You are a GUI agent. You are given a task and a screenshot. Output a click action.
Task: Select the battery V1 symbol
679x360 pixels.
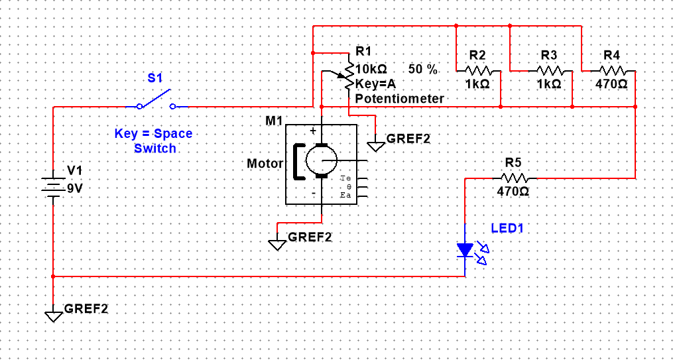52,184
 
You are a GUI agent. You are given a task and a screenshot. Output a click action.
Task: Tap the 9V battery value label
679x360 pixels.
75,188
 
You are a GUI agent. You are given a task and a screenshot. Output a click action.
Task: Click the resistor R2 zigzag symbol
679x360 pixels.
477,70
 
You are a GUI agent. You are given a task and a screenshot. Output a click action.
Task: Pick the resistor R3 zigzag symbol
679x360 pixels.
549,70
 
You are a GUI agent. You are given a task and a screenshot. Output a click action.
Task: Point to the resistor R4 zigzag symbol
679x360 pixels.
613,70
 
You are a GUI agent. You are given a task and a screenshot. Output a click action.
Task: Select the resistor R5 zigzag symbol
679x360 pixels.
515,178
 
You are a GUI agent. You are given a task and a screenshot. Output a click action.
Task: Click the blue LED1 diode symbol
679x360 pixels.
465,249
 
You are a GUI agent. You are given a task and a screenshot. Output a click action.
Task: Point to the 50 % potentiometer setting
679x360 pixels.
423,69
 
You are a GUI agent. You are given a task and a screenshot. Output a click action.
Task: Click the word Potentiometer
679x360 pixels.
400,98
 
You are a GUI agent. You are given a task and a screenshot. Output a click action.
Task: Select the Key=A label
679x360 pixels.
375,84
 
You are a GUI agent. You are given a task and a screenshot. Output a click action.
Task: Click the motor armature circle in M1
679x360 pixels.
321,160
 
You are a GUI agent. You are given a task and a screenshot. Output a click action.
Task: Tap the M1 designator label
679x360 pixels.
273,121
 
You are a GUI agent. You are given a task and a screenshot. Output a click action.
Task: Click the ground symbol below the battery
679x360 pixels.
53,314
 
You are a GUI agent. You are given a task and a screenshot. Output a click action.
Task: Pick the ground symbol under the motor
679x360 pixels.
277,243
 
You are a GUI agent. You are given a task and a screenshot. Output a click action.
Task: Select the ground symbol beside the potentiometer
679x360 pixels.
376,145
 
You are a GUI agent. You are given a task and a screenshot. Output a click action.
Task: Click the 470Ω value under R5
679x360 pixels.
513,192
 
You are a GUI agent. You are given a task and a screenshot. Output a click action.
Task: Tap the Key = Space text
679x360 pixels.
153,133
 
